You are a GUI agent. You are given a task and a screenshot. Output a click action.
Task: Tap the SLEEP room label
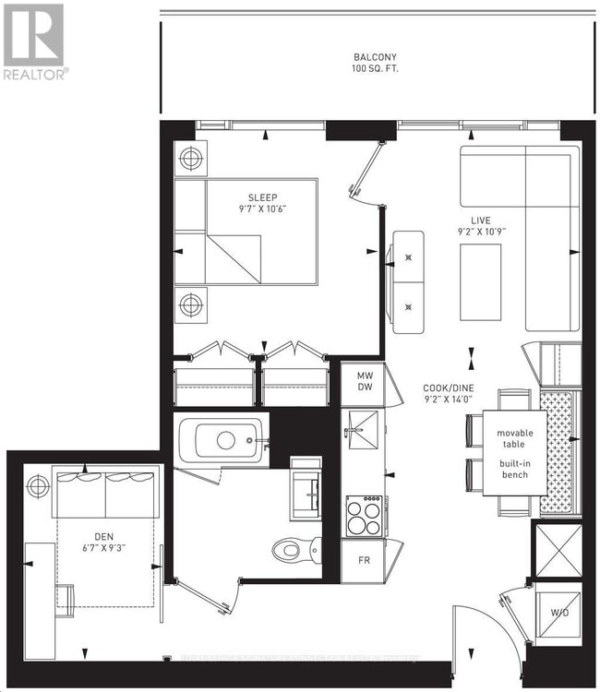(262, 197)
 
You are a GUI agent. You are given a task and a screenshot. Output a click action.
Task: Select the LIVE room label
(480, 221)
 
